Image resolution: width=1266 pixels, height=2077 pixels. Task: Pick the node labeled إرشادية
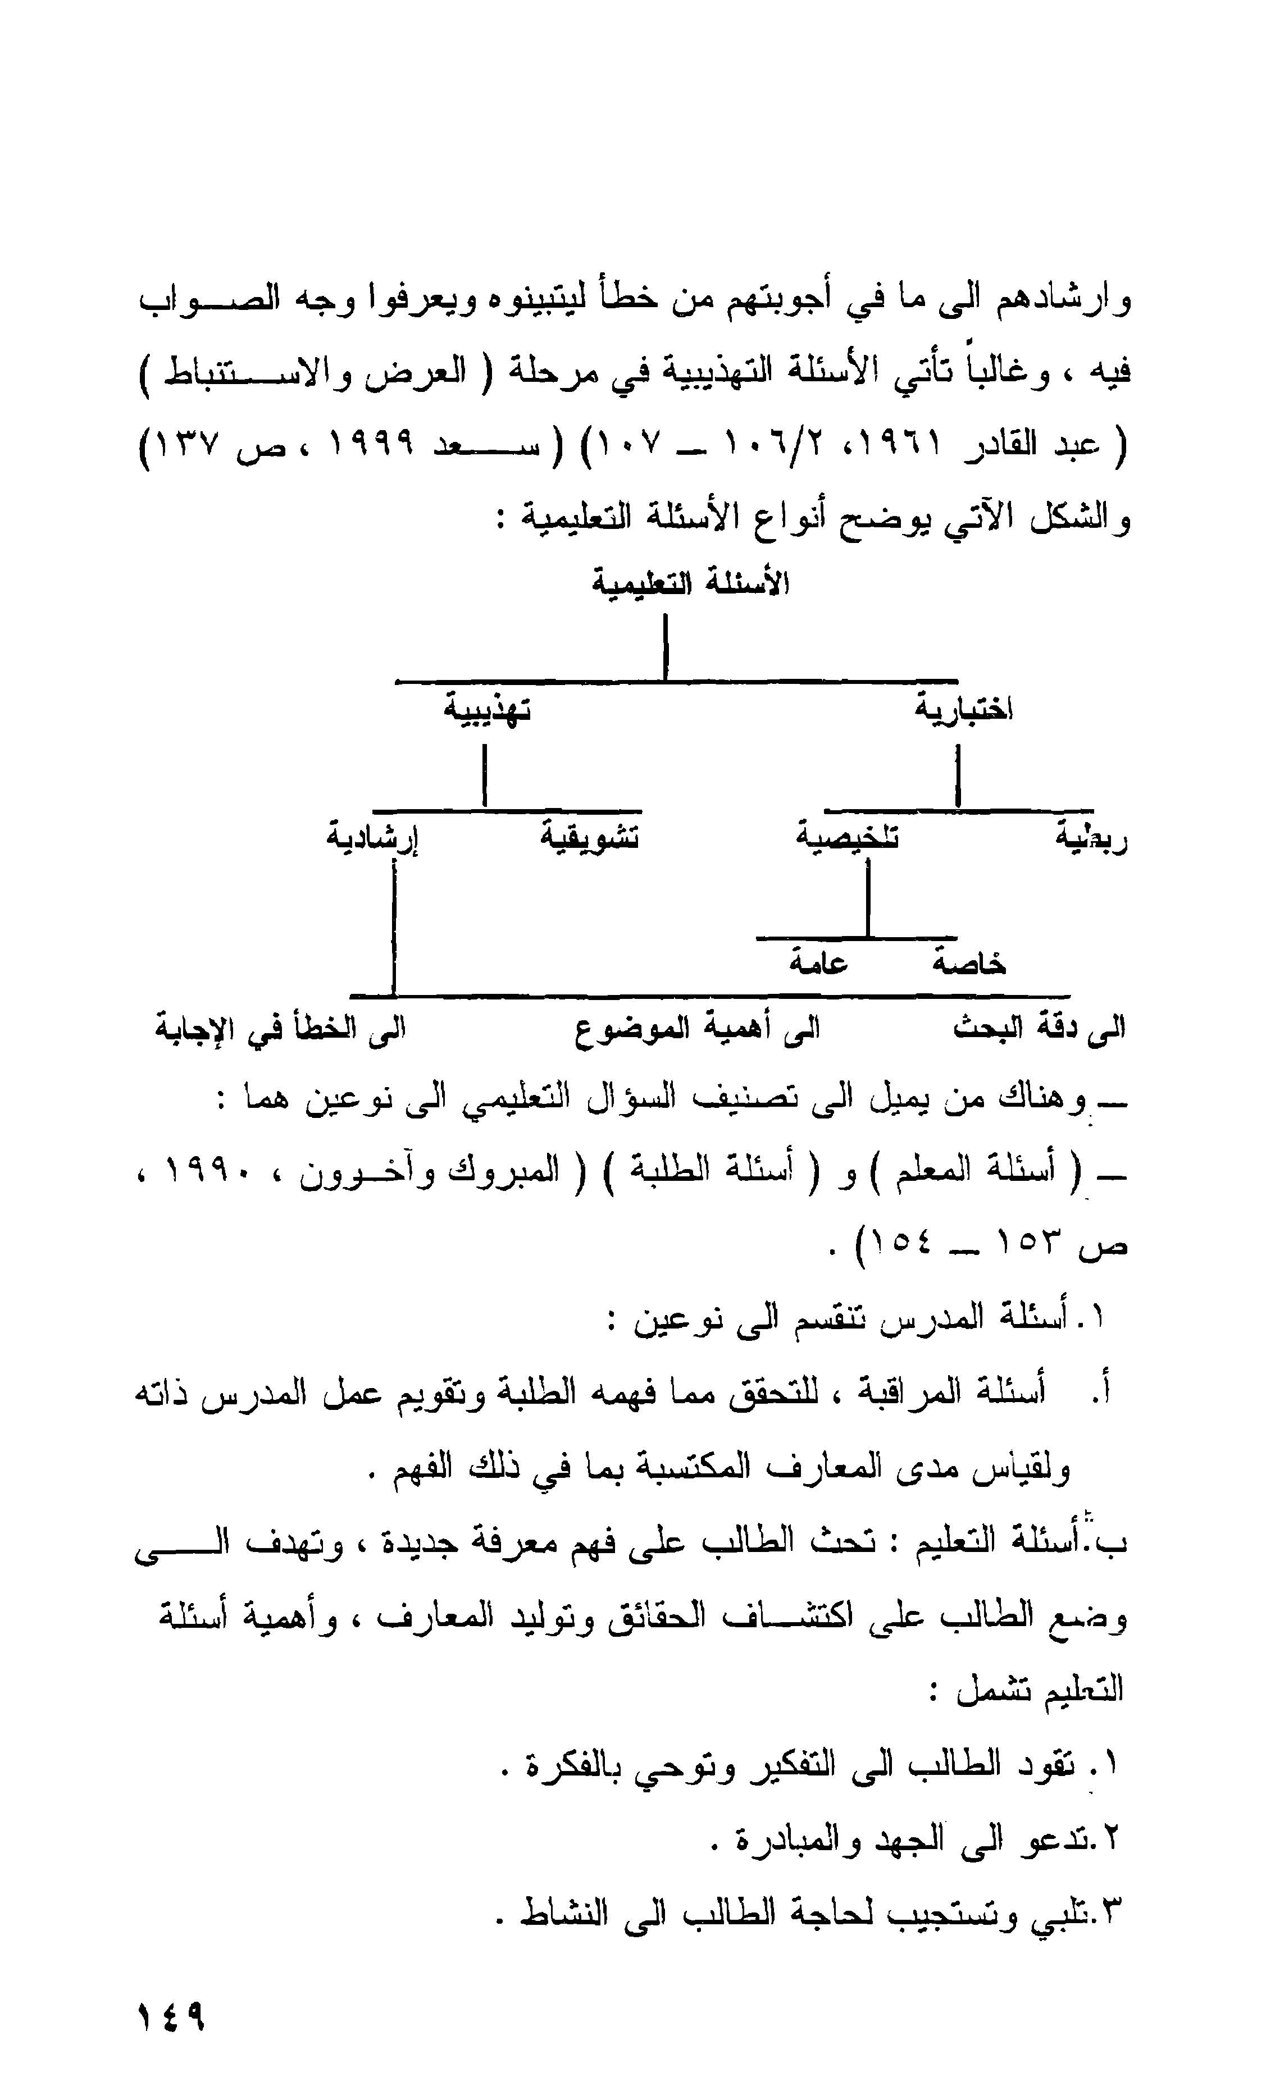coord(373,839)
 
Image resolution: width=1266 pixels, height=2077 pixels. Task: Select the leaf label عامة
coord(818,962)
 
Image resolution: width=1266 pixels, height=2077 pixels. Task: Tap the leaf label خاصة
coord(969,962)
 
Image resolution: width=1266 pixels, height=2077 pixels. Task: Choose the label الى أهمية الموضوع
coord(698,1028)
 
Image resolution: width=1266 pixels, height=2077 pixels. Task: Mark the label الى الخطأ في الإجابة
coord(280,1028)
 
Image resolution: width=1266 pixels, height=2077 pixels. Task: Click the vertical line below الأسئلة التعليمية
coord(666,646)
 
